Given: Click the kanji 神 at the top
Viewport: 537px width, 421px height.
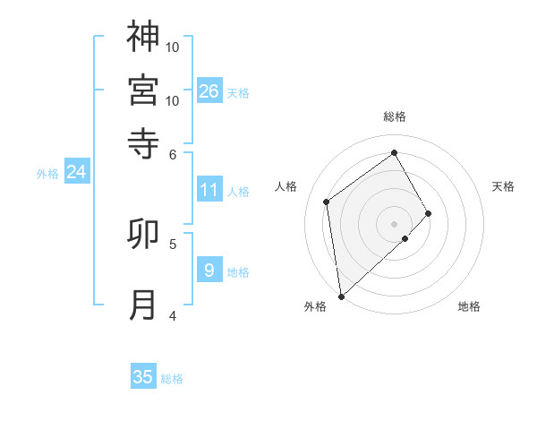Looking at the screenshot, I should point(143,37).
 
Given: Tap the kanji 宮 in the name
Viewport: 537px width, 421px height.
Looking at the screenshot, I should point(143,90).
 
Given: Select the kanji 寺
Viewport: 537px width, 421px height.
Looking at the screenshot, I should point(143,142).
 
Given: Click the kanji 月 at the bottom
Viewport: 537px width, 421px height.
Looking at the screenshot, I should point(143,305).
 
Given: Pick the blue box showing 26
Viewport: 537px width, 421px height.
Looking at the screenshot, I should point(209,91).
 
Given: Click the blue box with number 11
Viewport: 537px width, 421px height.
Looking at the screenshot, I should point(209,190).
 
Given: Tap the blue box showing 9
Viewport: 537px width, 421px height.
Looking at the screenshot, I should point(209,271).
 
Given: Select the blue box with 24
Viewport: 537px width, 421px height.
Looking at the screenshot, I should point(76,172).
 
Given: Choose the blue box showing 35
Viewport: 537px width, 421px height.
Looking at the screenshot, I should point(143,377).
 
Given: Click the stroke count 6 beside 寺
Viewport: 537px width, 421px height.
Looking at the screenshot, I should point(173,153).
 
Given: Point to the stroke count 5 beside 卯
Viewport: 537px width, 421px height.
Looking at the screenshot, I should point(172,243).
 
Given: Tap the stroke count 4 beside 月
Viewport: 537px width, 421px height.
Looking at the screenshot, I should point(172,314).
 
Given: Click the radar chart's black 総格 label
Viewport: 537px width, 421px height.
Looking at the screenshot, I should point(395,116).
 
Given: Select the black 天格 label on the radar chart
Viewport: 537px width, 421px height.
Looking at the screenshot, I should point(504,186).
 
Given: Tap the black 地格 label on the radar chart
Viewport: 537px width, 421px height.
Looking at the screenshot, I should point(469,306).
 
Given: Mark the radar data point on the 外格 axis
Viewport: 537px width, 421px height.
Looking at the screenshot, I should point(341,296).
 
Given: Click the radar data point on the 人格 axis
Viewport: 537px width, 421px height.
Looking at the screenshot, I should point(327,202).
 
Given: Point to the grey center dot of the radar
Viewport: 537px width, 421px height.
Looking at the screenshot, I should point(395,223).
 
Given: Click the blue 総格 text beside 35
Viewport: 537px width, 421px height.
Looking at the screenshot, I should point(172,379).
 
